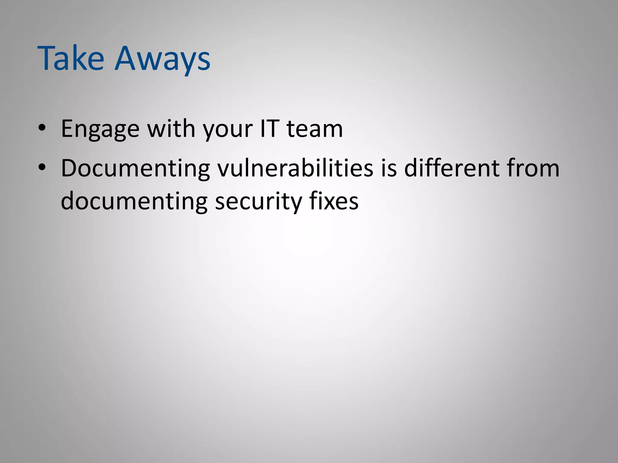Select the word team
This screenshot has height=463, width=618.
click(x=314, y=129)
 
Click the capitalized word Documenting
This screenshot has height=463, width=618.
click(x=135, y=169)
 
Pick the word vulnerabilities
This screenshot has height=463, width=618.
click(x=295, y=168)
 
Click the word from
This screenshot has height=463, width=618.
click(x=533, y=168)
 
